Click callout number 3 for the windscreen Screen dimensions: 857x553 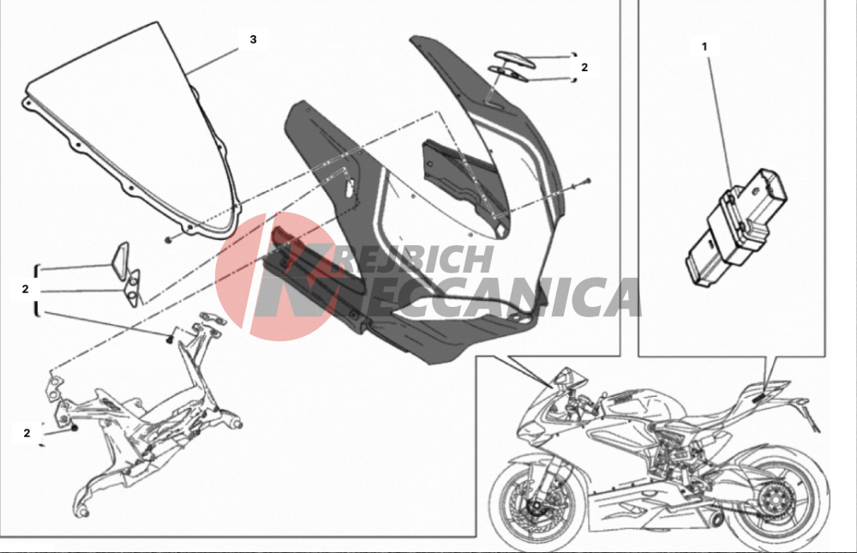pyautogui.click(x=253, y=39)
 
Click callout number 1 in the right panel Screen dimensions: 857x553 pyautogui.click(x=704, y=47)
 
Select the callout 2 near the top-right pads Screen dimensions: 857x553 pyautogui.click(x=584, y=67)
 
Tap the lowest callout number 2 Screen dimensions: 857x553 pyautogui.click(x=27, y=433)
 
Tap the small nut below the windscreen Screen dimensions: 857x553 pyautogui.click(x=169, y=238)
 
